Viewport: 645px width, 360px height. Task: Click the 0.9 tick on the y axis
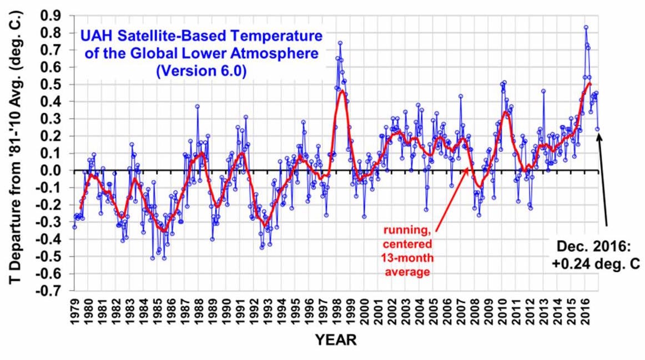(x=54, y=16)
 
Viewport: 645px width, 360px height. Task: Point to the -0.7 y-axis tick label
(x=52, y=291)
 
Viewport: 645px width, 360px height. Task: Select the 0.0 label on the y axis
(x=54, y=170)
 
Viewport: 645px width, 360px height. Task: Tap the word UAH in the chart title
(x=95, y=37)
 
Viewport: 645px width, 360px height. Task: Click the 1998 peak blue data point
(x=340, y=43)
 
